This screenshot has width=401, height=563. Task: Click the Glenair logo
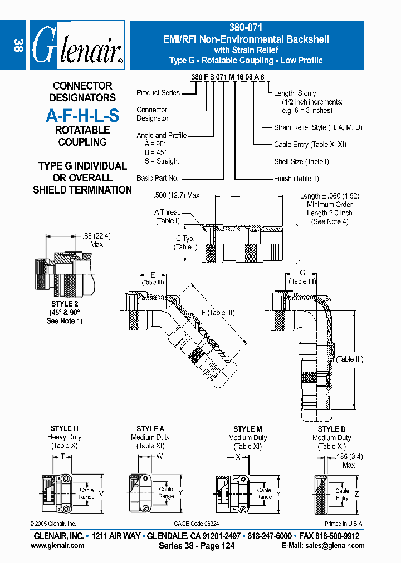[x=77, y=45]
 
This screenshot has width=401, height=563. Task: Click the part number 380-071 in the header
[x=246, y=27]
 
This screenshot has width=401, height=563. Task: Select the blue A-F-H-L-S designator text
[x=82, y=115]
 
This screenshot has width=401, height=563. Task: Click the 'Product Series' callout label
[x=158, y=92]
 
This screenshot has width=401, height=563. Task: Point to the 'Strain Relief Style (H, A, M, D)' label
[x=318, y=127]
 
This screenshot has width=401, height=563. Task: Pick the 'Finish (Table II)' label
[x=296, y=179]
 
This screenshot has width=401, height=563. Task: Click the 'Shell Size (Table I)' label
[x=301, y=161]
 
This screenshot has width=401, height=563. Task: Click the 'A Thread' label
[x=167, y=212]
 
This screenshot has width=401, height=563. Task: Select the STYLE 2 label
[x=65, y=304]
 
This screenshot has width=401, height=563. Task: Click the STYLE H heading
[x=65, y=428]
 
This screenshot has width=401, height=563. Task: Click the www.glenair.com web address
[x=57, y=546]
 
